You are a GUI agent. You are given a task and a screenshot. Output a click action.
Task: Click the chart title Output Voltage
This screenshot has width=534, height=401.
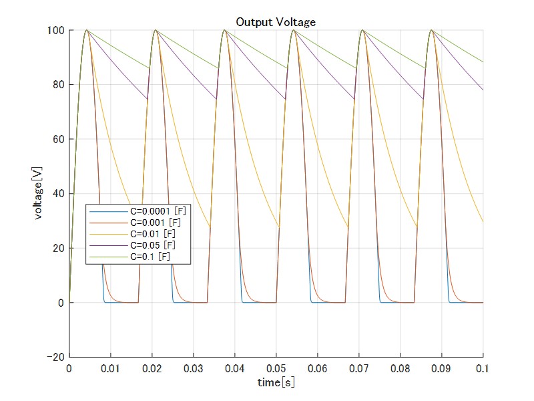pos(276,22)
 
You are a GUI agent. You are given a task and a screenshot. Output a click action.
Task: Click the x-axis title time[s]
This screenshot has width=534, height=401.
pos(276,382)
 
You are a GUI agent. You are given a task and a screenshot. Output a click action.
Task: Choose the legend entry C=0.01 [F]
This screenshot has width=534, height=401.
pos(153,234)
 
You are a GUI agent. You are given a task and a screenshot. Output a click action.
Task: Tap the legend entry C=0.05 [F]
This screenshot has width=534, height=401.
pos(153,245)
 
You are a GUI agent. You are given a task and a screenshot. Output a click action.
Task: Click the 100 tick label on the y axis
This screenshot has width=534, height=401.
pos(56,31)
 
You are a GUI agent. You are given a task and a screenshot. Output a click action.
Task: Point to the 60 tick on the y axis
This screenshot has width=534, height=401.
pos(59,140)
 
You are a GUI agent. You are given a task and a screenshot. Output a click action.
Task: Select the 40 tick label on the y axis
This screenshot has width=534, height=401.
pos(59,194)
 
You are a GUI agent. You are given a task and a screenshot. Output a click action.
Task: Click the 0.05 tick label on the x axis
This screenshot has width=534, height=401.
pos(276,368)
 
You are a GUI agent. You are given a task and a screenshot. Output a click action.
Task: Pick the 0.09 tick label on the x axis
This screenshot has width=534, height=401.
pos(441,368)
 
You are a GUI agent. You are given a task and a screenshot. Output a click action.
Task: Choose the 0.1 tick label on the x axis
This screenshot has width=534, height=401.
pos(483,368)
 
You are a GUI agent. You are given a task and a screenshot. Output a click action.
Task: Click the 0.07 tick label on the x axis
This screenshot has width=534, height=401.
pos(358,368)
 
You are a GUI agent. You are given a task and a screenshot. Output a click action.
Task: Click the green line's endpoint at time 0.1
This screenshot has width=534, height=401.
pos(483,62)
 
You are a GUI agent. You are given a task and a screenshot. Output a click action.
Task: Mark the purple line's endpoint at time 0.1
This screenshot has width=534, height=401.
pos(483,90)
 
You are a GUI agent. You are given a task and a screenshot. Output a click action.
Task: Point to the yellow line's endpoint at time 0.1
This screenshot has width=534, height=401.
pos(483,222)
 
